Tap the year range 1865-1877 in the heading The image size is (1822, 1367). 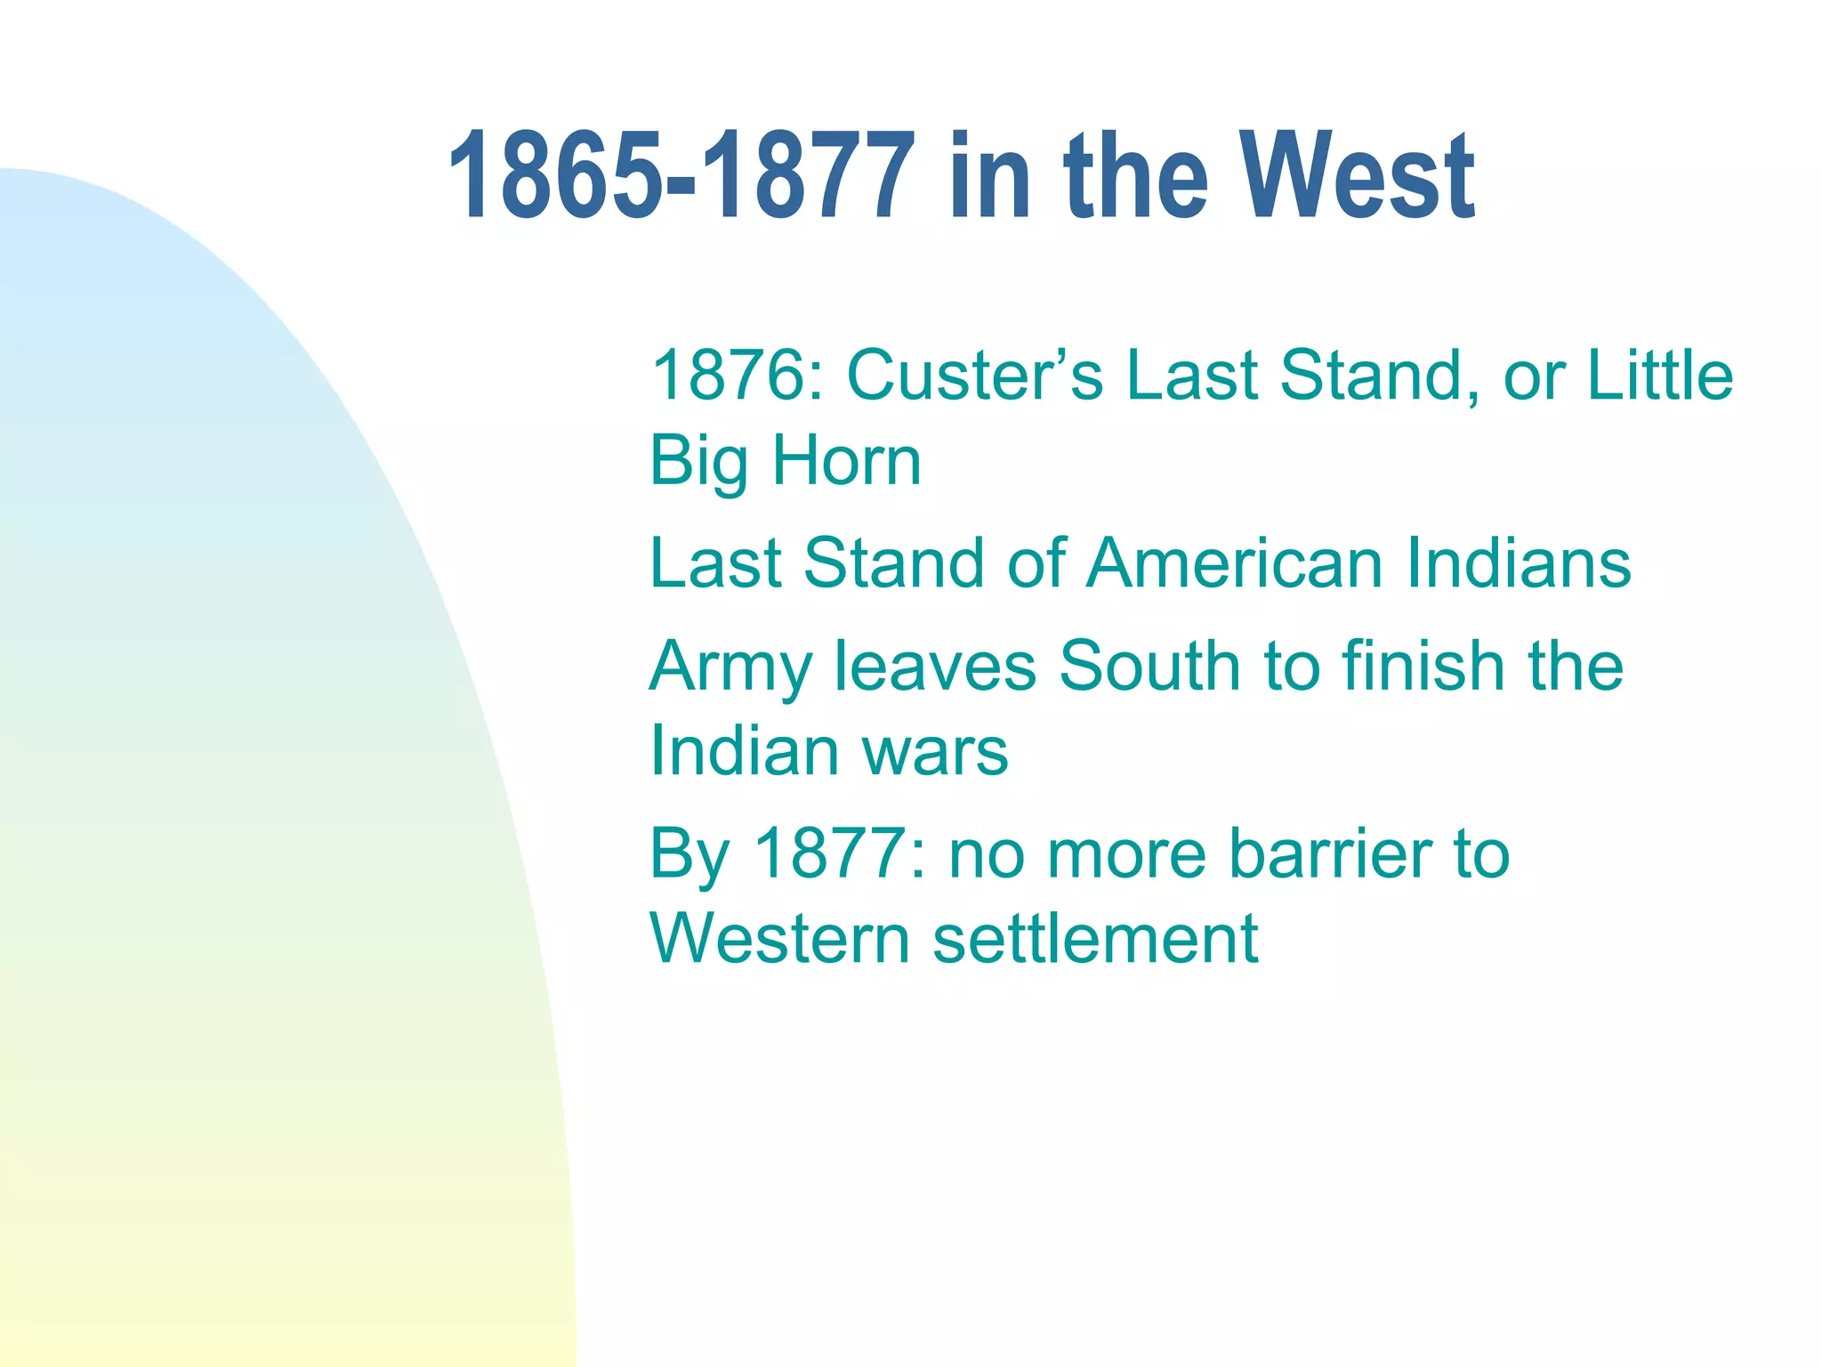click(681, 175)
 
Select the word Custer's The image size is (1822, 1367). click(975, 376)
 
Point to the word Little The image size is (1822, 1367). click(1660, 376)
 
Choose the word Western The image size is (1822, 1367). click(779, 939)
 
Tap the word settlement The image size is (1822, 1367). click(1095, 939)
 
